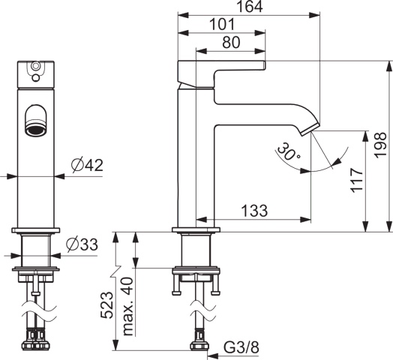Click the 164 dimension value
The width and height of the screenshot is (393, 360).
pyautogui.click(x=250, y=7)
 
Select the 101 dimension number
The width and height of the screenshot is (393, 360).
pyautogui.click(x=222, y=25)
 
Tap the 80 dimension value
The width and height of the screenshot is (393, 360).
pyautogui.click(x=231, y=42)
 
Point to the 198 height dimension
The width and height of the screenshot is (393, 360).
pyautogui.click(x=380, y=145)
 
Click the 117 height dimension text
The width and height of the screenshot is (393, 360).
pyautogui.click(x=357, y=180)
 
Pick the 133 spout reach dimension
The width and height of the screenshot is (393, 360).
pyautogui.click(x=254, y=211)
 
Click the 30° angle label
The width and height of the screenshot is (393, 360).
pyautogui.click(x=287, y=151)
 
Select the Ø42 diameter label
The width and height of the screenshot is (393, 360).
pyautogui.click(x=87, y=166)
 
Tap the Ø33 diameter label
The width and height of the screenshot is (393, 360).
pyautogui.click(x=82, y=244)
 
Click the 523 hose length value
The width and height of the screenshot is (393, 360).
pyautogui.click(x=107, y=304)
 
